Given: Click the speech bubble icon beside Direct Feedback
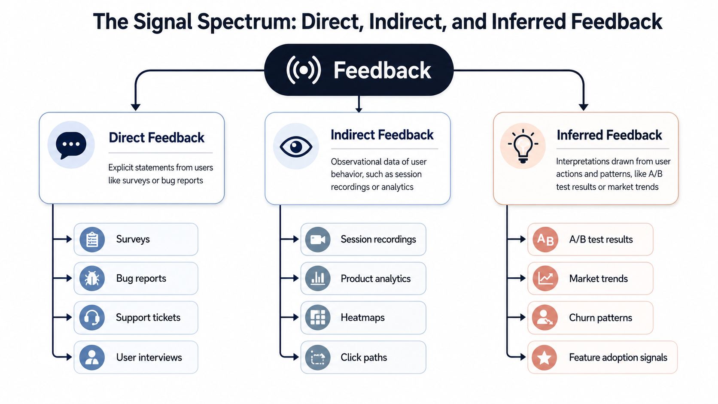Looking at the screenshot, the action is pyautogui.click(x=71, y=145).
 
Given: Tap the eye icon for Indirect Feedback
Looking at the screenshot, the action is pyautogui.click(x=296, y=147).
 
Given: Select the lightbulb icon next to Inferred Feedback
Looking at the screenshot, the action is pyautogui.click(x=523, y=146).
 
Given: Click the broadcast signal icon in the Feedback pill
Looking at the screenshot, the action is pyautogui.click(x=304, y=70).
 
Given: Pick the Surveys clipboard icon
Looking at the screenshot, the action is pyautogui.click(x=92, y=239).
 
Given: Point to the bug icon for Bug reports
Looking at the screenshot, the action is pyautogui.click(x=92, y=278).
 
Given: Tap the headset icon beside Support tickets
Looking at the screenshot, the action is pyautogui.click(x=92, y=318).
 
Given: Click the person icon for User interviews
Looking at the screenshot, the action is pyautogui.click(x=92, y=357).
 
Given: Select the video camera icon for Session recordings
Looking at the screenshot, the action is pyautogui.click(x=318, y=239).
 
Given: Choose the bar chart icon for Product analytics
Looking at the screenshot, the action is pyautogui.click(x=318, y=278).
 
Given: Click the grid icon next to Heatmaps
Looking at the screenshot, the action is pyautogui.click(x=318, y=318).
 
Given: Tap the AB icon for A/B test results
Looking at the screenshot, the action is pyautogui.click(x=545, y=239).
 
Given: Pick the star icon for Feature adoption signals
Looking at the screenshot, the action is pyautogui.click(x=544, y=357).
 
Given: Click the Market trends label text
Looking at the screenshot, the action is pyautogui.click(x=599, y=279).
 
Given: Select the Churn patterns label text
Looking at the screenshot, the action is pyautogui.click(x=601, y=318).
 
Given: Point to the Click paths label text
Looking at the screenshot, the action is pyautogui.click(x=364, y=358).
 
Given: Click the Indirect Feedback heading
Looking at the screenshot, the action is pyautogui.click(x=382, y=135).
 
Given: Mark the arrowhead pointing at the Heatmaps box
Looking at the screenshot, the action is pyautogui.click(x=295, y=318).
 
